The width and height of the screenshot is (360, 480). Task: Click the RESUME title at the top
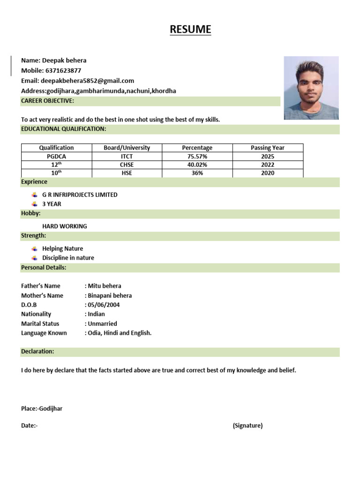click(x=190, y=30)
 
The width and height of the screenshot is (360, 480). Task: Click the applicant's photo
click(x=311, y=88)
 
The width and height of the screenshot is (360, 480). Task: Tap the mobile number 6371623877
click(x=63, y=71)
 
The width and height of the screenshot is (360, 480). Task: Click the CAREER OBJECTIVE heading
click(x=47, y=101)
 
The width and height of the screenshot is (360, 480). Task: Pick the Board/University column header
click(x=127, y=148)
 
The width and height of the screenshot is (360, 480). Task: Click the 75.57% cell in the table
click(x=197, y=156)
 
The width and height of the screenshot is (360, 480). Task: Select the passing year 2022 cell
click(x=268, y=165)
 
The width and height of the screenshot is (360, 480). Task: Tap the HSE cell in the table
click(x=127, y=173)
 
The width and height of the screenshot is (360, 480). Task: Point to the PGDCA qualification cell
click(x=56, y=156)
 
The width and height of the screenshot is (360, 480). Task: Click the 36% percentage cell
click(x=197, y=173)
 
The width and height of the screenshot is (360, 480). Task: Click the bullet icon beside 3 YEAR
click(x=34, y=204)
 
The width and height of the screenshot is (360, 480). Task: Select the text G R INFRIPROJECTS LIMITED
click(x=80, y=195)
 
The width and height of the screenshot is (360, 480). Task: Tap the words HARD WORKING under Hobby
click(x=65, y=226)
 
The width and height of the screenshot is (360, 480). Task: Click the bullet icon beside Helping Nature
click(x=34, y=248)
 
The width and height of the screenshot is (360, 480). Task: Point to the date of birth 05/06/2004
click(x=104, y=305)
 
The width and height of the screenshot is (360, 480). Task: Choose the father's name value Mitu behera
click(x=104, y=286)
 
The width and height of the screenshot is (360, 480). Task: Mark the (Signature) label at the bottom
click(x=247, y=426)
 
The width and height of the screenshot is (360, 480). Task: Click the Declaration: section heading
click(x=37, y=351)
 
